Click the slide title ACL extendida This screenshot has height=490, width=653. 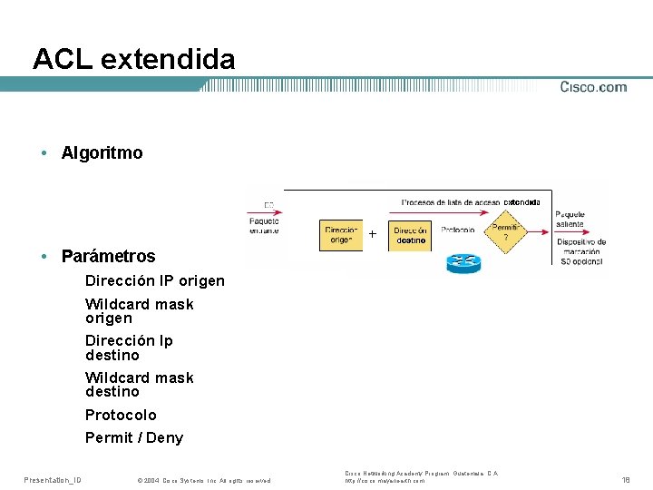[x=133, y=60]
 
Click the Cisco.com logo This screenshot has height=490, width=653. [x=593, y=87]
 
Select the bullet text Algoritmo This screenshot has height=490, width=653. [x=102, y=152]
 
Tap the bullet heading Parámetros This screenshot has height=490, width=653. [x=108, y=256]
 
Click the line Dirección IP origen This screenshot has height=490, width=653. [x=155, y=280]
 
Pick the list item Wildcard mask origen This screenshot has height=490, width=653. [x=139, y=311]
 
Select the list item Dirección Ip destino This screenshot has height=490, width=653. [x=129, y=348]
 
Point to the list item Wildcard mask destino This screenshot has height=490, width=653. [x=139, y=385]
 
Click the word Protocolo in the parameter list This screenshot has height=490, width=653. [x=121, y=415]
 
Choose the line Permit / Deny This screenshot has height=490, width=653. [x=134, y=437]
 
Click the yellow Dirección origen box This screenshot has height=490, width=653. [x=341, y=235]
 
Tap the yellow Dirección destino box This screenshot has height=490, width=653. [x=411, y=235]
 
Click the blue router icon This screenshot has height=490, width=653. [x=463, y=262]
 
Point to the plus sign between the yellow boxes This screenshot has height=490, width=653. [x=373, y=234]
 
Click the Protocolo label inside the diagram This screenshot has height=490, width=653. [x=458, y=230]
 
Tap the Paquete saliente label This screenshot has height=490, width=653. [x=570, y=220]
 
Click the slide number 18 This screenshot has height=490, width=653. [x=625, y=479]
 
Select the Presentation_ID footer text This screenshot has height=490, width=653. [x=53, y=479]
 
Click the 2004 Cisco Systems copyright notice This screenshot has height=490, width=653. [x=203, y=480]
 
